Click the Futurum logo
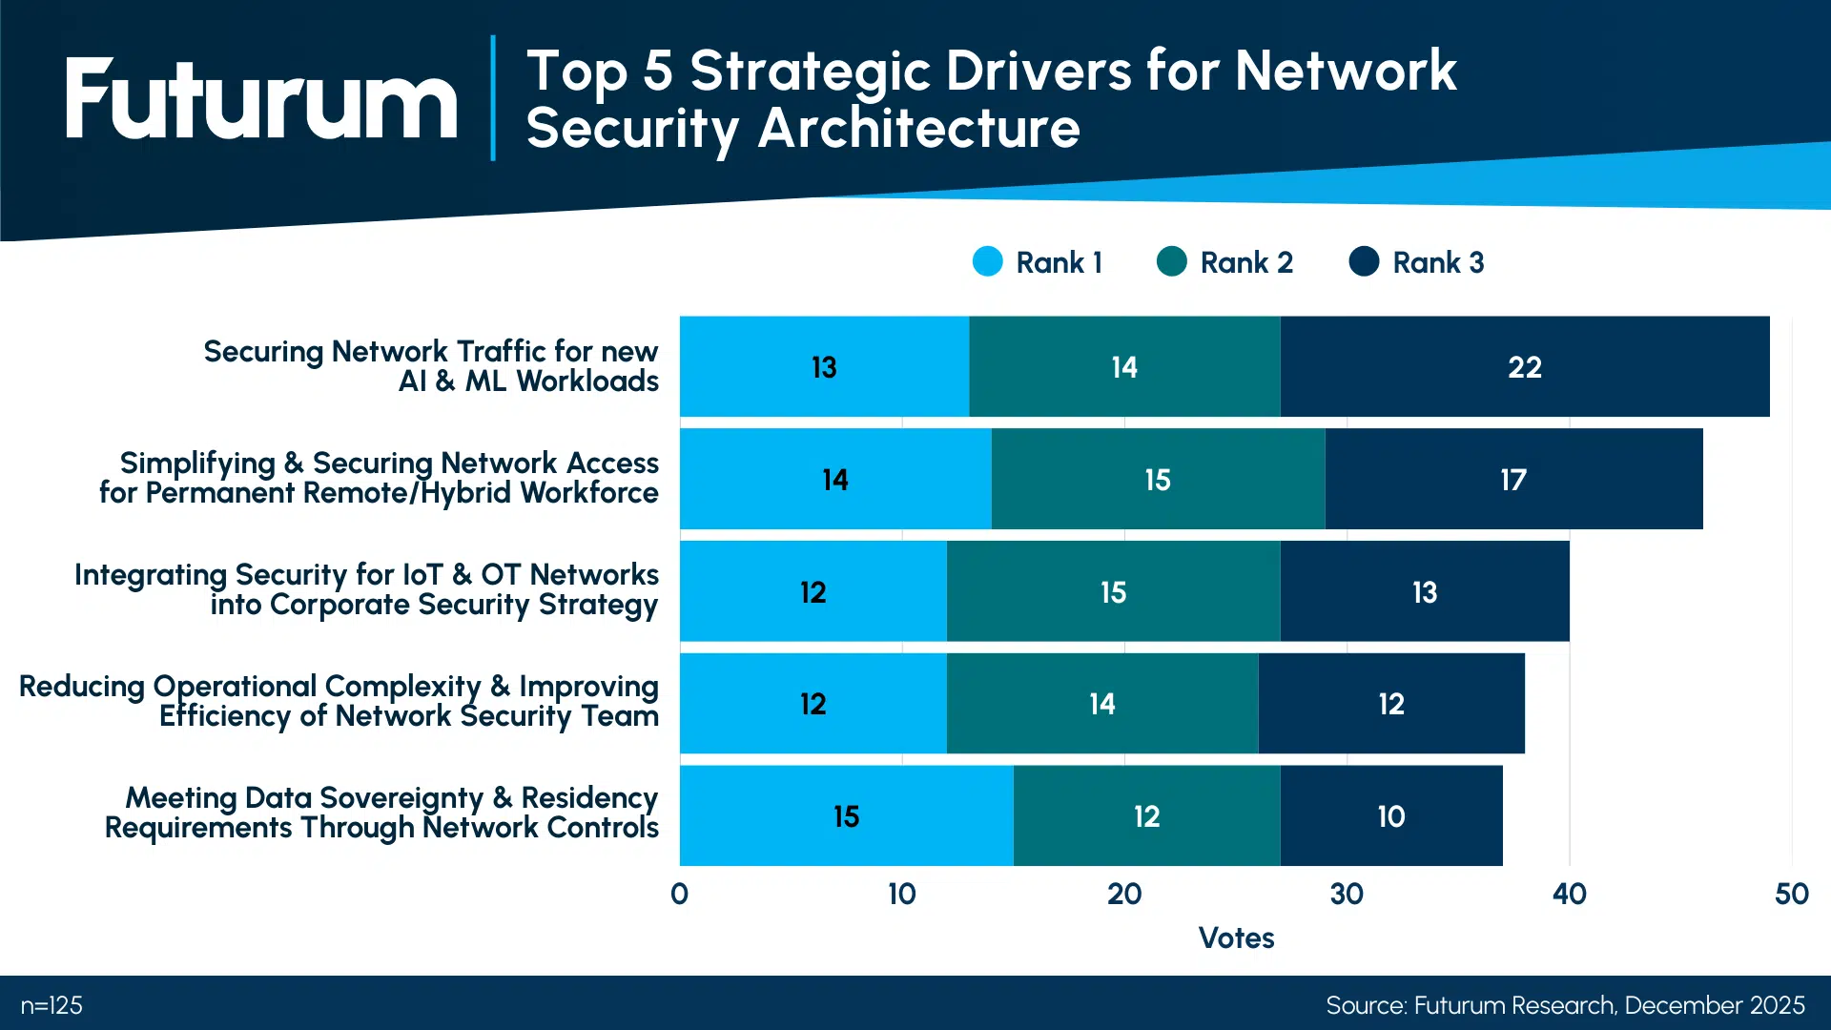(261, 99)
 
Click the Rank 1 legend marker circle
(987, 261)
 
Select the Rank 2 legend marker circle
(1171, 261)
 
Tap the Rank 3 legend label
(1437, 262)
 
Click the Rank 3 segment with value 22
(1524, 367)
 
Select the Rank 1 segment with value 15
(846, 816)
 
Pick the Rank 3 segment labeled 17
(1512, 480)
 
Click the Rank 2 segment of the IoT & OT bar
(1113, 592)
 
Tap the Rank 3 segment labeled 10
(1390, 816)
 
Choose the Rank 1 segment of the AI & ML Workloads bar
(824, 367)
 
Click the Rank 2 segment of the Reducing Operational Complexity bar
(1101, 704)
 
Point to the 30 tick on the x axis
(1347, 894)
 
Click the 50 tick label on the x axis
(1791, 894)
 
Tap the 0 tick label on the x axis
(679, 894)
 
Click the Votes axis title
(1236, 937)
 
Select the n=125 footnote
(51, 1005)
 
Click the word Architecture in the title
(918, 129)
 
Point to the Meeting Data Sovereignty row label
(381, 813)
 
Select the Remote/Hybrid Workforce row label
(379, 478)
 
